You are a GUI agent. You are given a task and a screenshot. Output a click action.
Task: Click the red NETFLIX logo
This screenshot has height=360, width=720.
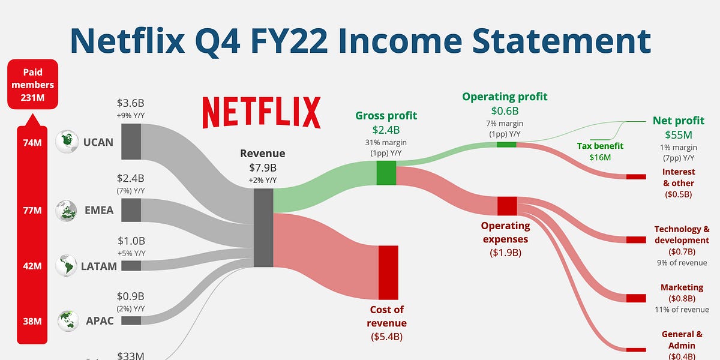pos(261,112)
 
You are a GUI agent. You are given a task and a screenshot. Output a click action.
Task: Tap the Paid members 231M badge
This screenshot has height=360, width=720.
pos(33,85)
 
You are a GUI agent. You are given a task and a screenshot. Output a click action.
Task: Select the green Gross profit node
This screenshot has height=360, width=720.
pos(386,173)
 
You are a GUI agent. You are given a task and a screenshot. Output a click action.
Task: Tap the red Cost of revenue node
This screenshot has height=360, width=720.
pos(388,272)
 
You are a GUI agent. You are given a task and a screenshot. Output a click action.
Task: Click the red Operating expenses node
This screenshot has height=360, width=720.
pos(507,206)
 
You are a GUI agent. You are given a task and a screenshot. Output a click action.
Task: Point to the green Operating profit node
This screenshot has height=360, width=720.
pos(506,144)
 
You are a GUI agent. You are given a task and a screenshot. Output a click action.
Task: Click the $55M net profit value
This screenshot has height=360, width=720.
pos(678,135)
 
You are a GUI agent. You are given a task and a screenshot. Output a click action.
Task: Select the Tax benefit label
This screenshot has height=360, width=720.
pos(601,146)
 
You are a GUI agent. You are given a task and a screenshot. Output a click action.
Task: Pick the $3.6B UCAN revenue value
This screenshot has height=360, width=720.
pos(131,103)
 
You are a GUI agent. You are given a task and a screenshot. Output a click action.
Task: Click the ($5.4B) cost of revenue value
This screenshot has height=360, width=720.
pos(386,336)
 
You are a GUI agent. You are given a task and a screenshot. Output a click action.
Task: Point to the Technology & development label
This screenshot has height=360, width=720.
pos(682,235)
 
